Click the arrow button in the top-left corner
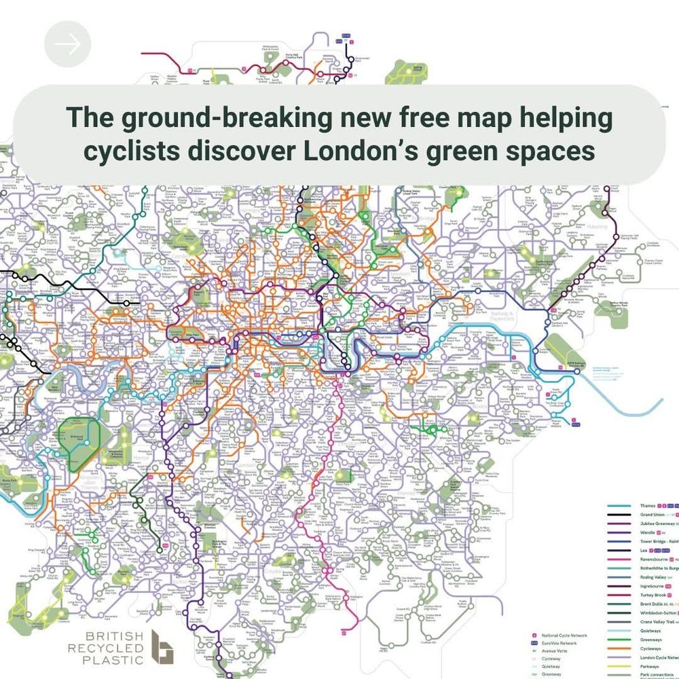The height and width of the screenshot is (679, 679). click(67, 44)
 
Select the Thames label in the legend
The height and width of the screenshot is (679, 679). click(647, 506)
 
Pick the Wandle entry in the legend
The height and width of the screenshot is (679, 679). click(647, 532)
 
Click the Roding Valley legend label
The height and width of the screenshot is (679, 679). click(654, 576)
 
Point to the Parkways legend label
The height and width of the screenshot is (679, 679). click(650, 666)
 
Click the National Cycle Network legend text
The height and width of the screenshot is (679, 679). click(565, 636)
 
